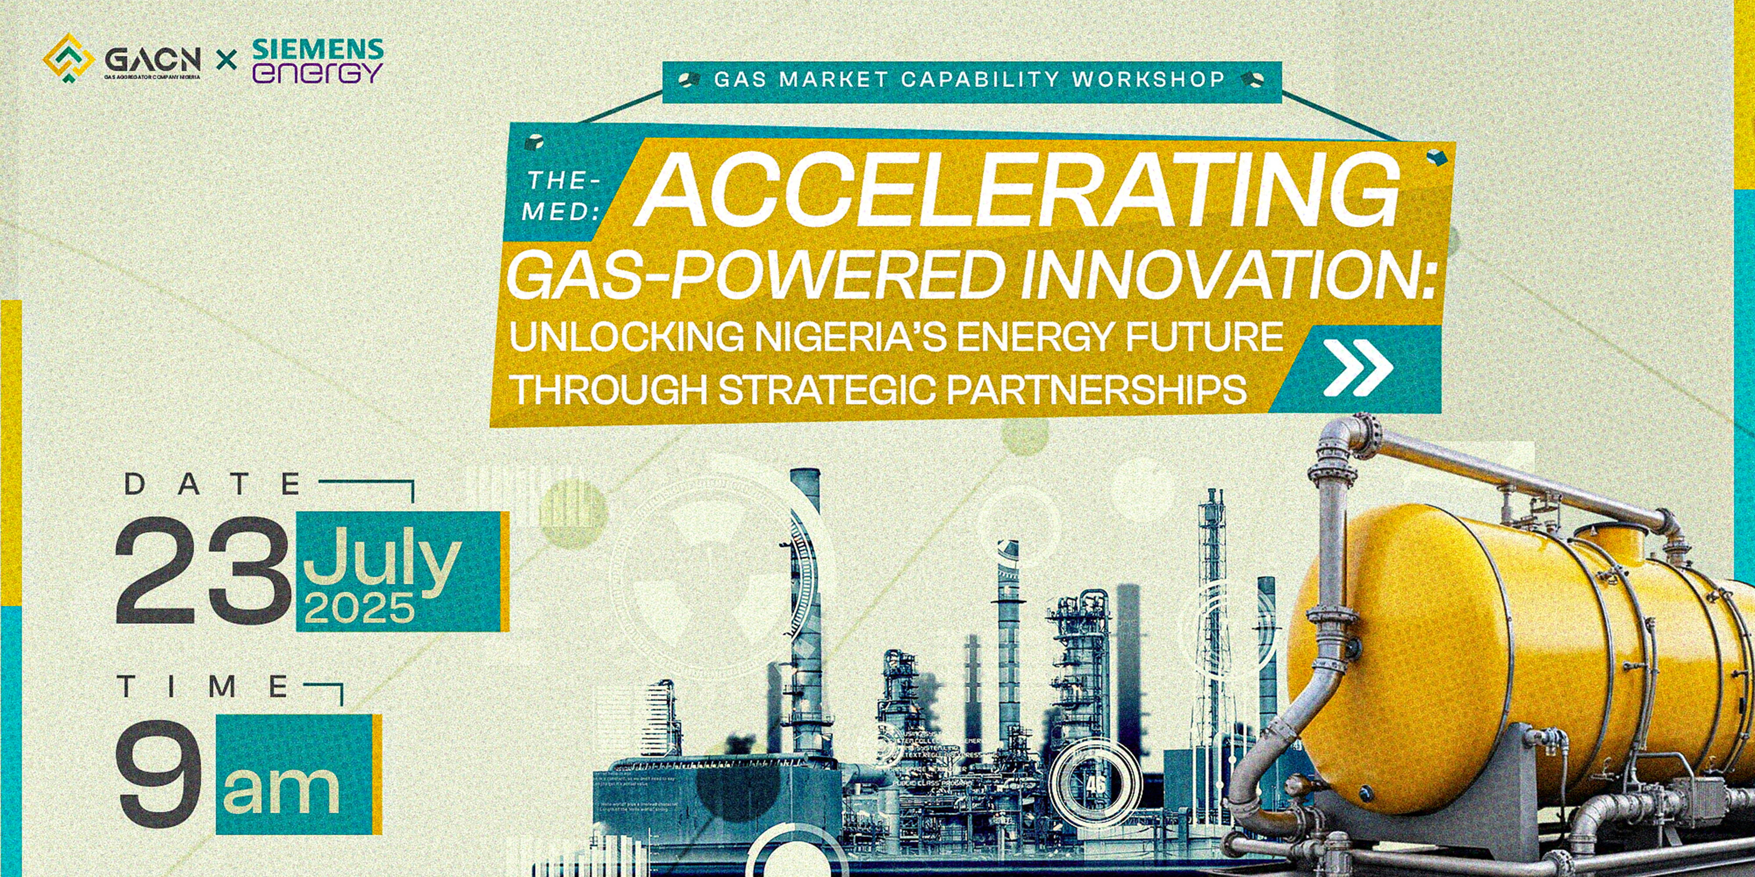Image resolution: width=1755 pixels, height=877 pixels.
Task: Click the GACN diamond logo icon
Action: (x=68, y=60)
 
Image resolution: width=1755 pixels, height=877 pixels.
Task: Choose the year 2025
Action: (x=360, y=609)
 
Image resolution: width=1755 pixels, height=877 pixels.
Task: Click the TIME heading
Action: (x=204, y=687)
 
